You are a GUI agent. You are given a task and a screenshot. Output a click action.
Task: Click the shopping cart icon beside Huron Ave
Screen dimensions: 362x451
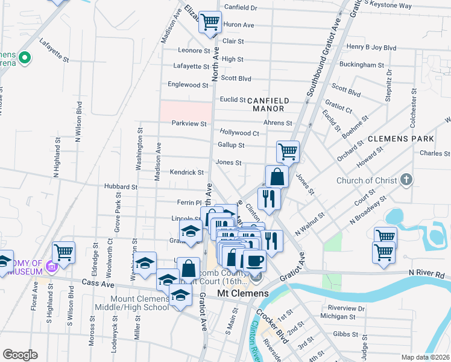click(210, 22)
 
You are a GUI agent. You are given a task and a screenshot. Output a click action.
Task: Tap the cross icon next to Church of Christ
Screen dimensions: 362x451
click(407, 180)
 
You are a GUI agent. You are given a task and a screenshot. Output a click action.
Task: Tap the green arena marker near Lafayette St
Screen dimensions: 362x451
click(25, 59)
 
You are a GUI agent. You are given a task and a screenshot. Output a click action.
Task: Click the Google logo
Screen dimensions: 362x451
click(20, 355)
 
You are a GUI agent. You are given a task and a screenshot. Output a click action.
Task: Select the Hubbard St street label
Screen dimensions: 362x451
click(121, 187)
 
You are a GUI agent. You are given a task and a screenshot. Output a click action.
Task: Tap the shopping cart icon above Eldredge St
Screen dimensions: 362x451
click(63, 252)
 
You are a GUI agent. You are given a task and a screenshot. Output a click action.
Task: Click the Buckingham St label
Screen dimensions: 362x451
click(362, 65)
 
